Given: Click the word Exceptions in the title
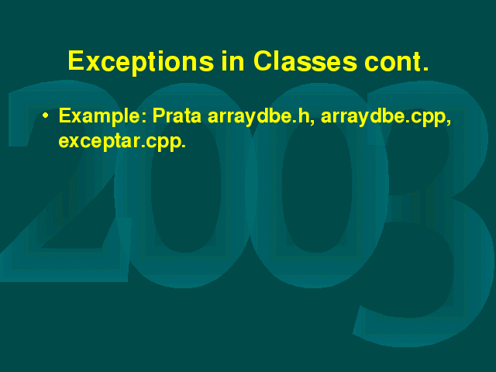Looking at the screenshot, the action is point(141,62).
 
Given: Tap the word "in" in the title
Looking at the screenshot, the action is point(233,60).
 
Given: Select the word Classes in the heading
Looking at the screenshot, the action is point(305,60).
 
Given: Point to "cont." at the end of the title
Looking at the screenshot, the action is point(397,61).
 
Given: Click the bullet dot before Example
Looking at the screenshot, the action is point(46,115).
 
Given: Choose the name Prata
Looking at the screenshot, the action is point(177,115).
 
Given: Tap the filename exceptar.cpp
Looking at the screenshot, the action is point(122,142).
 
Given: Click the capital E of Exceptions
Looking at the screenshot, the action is point(77,60).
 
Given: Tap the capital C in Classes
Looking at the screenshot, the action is point(263,60).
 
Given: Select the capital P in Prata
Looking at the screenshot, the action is point(160,115).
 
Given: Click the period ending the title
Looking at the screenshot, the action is point(425,68).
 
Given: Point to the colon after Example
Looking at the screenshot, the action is point(144,118).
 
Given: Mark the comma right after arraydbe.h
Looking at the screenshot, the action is point(312,122).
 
